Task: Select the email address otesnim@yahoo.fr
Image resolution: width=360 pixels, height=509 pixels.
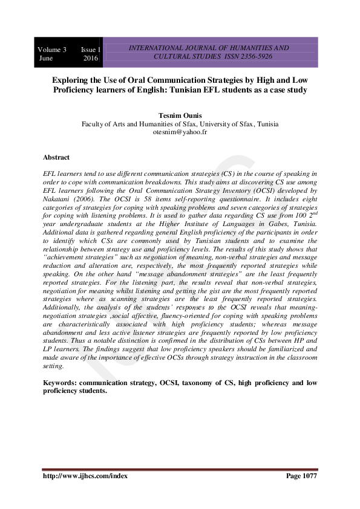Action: coord(180,131)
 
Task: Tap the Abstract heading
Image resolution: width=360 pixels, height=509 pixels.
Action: coord(56,157)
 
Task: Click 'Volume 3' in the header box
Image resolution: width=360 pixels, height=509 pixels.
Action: coord(52,48)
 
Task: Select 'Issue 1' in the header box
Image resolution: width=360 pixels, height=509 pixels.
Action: coord(91,48)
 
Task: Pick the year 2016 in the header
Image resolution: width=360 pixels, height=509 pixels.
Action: coord(91,59)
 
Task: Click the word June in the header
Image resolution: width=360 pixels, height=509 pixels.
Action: coord(46,59)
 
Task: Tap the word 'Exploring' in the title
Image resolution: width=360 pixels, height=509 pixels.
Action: coord(71,79)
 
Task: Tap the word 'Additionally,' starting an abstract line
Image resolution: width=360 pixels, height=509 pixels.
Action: coord(63,308)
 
